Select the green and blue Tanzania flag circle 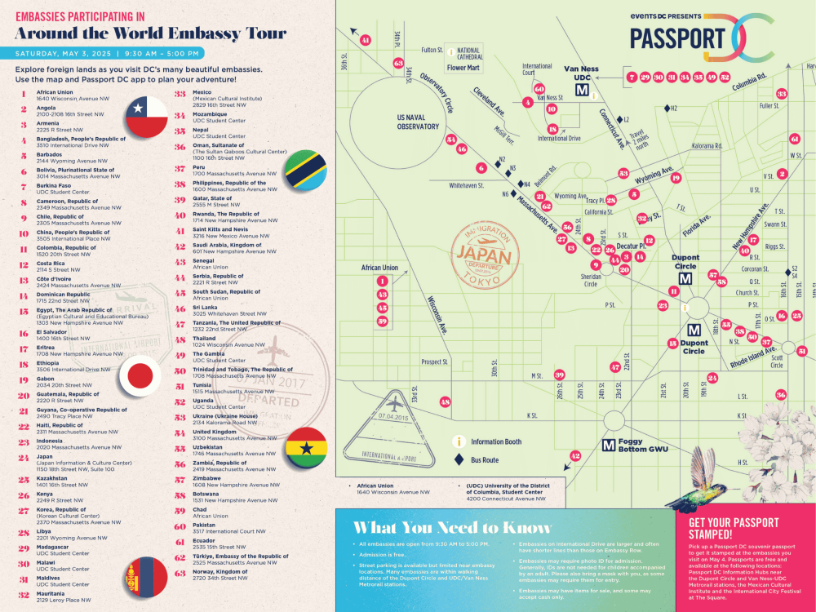[307, 169]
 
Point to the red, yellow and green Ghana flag [308, 447]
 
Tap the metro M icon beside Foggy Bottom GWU [608, 446]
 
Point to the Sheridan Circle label [591, 281]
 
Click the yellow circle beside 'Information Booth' [459, 442]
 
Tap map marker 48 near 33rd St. [445, 401]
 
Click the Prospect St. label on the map [434, 362]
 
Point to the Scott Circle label [777, 361]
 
